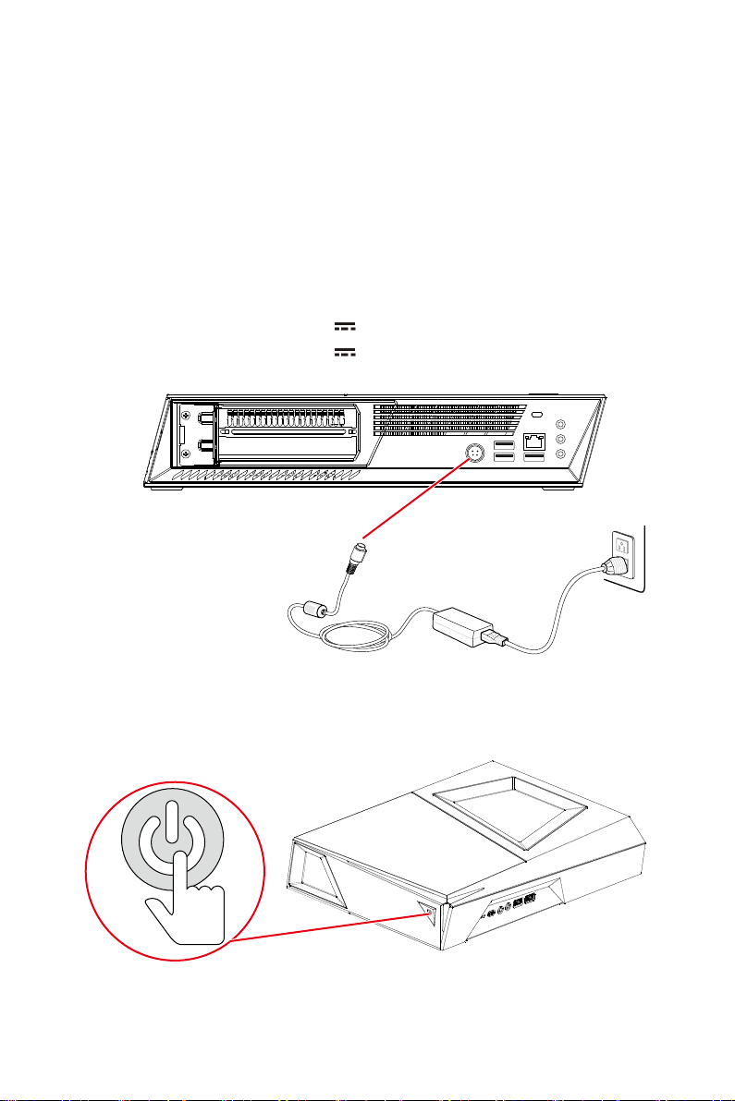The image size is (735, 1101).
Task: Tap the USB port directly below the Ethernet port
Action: tap(534, 458)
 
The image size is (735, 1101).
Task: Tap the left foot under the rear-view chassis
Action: tap(168, 491)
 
